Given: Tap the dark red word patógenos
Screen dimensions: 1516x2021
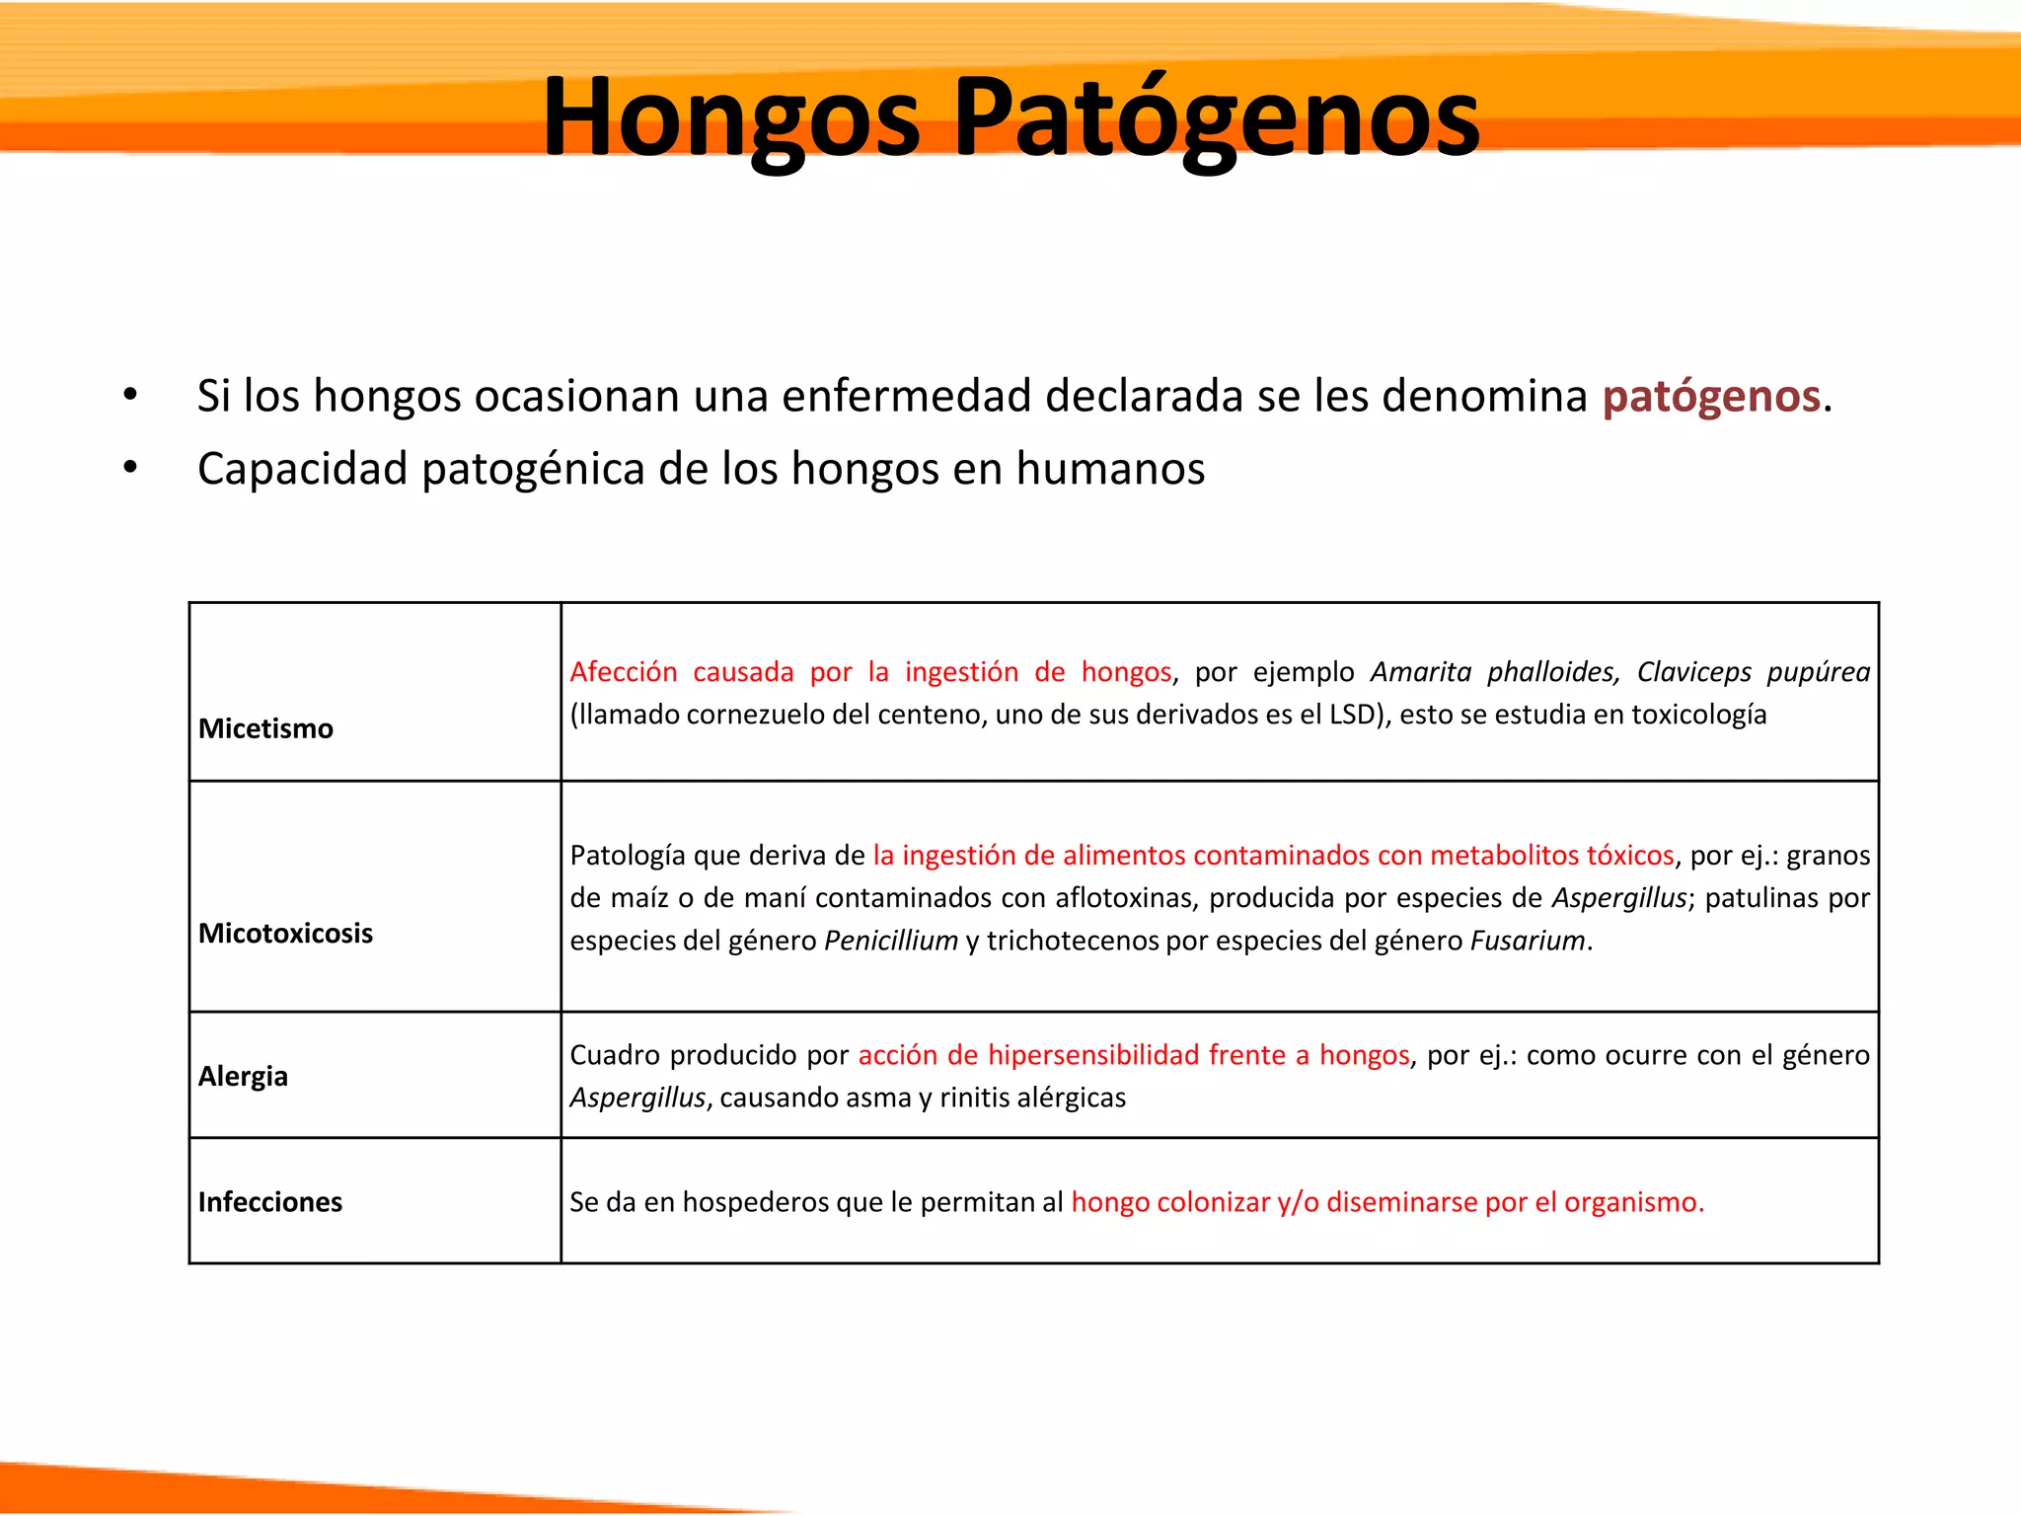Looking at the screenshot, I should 1710,397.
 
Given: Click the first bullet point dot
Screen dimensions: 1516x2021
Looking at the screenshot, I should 130,395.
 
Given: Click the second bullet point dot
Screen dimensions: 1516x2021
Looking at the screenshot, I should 130,468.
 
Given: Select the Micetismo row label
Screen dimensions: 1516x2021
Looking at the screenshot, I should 265,728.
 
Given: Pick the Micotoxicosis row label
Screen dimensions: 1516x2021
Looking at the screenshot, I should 285,933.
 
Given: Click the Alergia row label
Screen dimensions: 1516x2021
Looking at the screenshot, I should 243,1075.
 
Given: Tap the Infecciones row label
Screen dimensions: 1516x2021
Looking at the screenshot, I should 269,1201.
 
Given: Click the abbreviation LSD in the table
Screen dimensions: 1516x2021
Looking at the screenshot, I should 1351,715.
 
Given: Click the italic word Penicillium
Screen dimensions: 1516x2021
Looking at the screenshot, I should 890,941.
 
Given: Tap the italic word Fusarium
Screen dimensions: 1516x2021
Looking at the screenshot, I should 1527,941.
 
